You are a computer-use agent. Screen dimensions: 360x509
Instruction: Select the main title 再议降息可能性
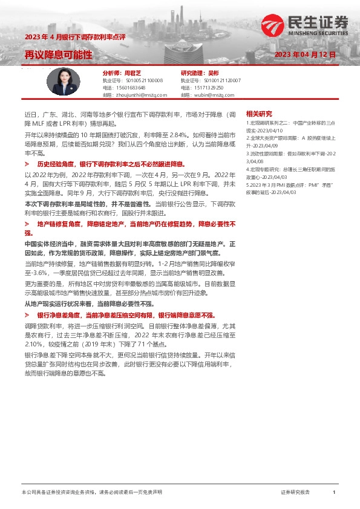pos(59,54)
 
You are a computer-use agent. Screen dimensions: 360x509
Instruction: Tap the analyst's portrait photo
pos(64,81)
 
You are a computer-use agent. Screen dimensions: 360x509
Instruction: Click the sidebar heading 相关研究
pos(259,114)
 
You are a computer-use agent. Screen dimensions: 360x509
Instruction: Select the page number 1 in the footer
pos(334,493)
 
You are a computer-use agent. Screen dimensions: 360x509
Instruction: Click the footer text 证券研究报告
pos(295,493)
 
